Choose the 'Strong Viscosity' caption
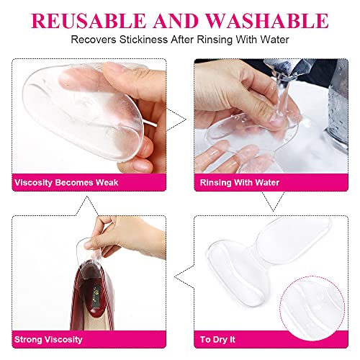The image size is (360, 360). (x=48, y=338)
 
